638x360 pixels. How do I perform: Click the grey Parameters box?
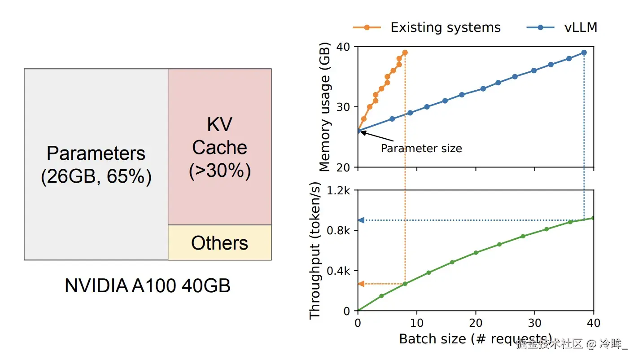(96, 164)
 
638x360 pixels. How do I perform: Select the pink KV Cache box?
(219, 147)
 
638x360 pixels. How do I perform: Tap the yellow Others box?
(219, 242)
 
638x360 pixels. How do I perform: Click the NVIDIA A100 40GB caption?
(148, 285)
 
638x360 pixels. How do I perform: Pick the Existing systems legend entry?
(427, 27)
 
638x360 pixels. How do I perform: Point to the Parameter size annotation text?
(421, 149)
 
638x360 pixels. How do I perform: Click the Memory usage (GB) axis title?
(325, 107)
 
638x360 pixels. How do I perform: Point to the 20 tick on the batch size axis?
(476, 322)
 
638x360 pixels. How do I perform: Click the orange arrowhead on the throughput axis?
(361, 284)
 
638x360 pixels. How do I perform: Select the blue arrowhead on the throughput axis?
(361, 220)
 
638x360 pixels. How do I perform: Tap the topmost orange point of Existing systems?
(405, 53)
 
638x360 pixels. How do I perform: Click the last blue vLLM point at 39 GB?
(584, 53)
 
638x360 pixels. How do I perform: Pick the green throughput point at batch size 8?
(405, 284)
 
